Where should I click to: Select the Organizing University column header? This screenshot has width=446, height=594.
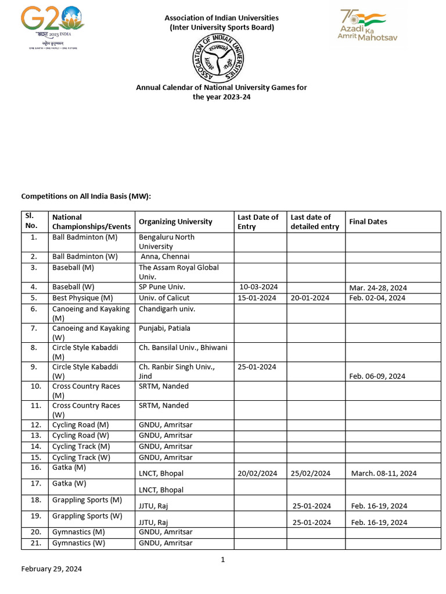[175, 222]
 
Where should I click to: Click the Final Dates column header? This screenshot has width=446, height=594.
[368, 222]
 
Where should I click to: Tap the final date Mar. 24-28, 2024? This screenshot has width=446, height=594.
[377, 288]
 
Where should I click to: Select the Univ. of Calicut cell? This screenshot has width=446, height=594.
[164, 298]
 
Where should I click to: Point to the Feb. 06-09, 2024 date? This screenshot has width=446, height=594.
[377, 376]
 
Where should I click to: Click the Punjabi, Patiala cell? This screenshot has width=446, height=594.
[164, 328]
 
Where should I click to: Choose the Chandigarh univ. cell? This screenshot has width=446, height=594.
[167, 309]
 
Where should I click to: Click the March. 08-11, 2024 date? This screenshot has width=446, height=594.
[384, 473]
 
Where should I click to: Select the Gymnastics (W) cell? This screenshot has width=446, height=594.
[78, 543]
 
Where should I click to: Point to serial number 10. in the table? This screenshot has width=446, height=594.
[35, 386]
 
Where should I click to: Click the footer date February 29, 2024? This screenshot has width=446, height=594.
[51, 569]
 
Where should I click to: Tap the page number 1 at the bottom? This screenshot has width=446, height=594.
[222, 560]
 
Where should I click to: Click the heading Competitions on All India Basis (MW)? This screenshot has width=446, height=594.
[86, 197]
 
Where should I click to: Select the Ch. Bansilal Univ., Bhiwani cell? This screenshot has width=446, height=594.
[182, 347]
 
